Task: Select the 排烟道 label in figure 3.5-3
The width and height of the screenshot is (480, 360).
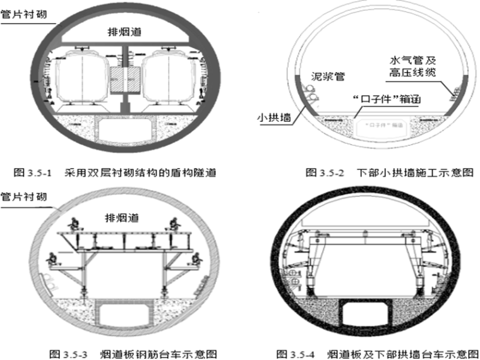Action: click(x=123, y=217)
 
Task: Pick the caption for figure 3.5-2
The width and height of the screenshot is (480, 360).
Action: click(x=388, y=171)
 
